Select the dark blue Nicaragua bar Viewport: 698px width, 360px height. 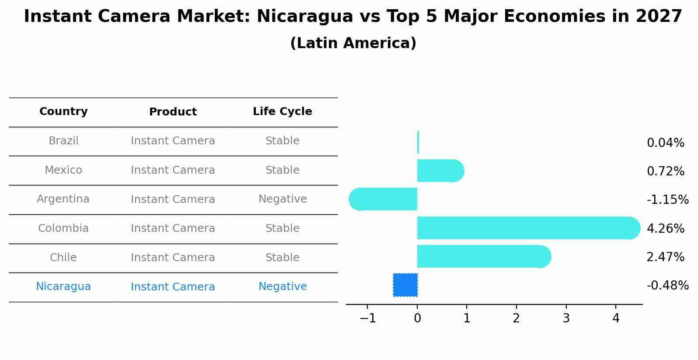point(405,285)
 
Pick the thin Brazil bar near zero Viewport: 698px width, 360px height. point(418,142)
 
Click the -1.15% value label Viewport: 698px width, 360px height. point(667,200)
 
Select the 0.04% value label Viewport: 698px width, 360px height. point(665,143)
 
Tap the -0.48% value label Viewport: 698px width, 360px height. point(667,286)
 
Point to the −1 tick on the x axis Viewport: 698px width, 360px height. point(367,318)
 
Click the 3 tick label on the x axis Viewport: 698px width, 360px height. point(566,318)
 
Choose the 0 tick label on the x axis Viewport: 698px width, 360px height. point(417,318)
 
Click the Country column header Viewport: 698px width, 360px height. point(63,112)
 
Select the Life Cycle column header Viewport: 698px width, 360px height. point(283,112)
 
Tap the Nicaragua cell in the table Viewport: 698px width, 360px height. point(63,287)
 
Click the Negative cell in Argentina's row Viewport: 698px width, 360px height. point(283,199)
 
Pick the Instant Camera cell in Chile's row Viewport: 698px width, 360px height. point(173,258)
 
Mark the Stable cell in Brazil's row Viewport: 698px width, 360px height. point(283,141)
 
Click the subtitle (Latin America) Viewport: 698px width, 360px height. point(353,43)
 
